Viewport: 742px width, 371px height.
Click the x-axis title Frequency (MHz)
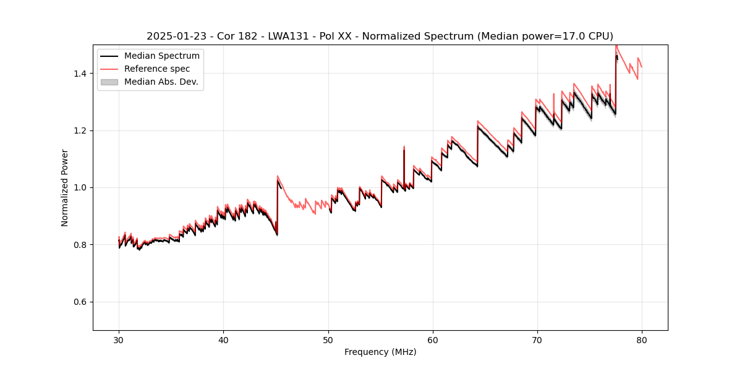[x=380, y=352]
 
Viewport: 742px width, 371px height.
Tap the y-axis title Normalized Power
[x=65, y=187]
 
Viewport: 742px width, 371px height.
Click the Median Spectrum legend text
[x=162, y=56]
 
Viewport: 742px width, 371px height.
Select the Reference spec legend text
[x=157, y=69]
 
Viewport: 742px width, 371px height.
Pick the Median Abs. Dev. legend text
[x=161, y=82]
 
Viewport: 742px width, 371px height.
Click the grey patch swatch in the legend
[x=109, y=82]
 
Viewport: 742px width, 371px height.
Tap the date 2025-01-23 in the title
[x=175, y=36]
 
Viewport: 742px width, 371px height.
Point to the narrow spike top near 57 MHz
[x=404, y=147]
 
